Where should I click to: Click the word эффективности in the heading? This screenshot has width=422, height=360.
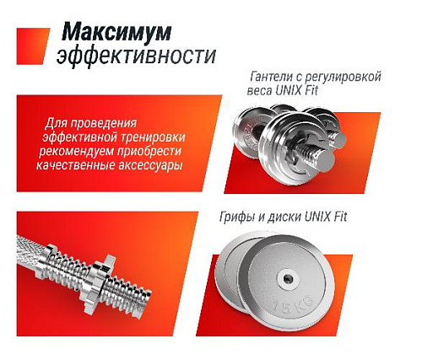(136, 56)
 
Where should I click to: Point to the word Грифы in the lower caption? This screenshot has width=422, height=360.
(246, 218)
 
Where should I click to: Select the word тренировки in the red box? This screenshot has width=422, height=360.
(157, 137)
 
